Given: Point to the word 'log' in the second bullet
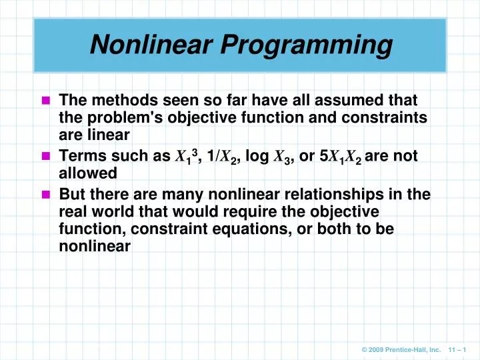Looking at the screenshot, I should [x=257, y=157].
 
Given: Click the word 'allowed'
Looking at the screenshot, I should [x=88, y=173].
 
